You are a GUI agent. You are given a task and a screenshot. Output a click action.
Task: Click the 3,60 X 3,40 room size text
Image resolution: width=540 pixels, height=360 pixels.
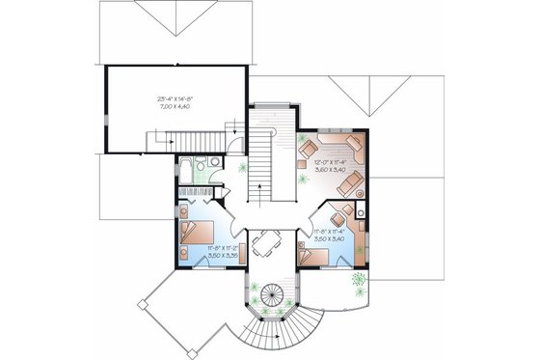click(x=331, y=169)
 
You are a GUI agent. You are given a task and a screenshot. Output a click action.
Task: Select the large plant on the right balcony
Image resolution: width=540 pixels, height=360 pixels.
click(x=359, y=281)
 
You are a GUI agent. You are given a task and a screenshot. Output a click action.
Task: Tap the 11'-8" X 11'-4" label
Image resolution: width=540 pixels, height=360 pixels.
click(x=330, y=232)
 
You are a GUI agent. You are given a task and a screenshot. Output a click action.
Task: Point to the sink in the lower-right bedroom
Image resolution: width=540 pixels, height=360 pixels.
click(x=358, y=209)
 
